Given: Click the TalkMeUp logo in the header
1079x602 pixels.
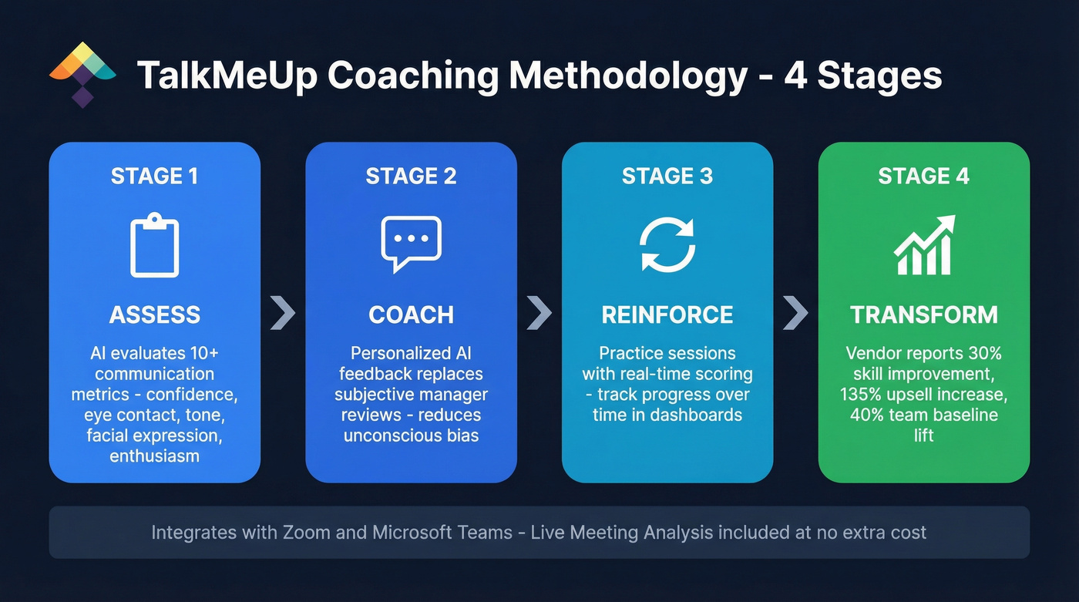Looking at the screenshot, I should tap(82, 73).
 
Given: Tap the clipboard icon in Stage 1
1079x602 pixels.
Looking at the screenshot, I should tap(154, 246).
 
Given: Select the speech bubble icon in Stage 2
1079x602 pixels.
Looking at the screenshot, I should tap(411, 244).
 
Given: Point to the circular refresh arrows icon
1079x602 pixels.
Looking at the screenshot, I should tap(667, 244).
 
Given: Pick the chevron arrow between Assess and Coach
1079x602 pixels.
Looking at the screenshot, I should tap(283, 313).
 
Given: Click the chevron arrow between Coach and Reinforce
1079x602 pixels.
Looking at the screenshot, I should tap(539, 313).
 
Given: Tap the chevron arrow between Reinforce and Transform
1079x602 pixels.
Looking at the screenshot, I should tap(795, 313).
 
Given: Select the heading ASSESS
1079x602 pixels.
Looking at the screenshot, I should tap(155, 314).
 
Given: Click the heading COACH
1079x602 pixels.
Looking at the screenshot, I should tap(411, 314).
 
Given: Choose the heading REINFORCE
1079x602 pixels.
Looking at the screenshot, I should tap(667, 314).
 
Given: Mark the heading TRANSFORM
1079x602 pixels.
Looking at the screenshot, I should tap(924, 314).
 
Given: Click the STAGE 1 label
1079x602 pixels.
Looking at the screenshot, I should tap(155, 177).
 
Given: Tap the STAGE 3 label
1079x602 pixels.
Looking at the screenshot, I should tap(667, 177).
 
